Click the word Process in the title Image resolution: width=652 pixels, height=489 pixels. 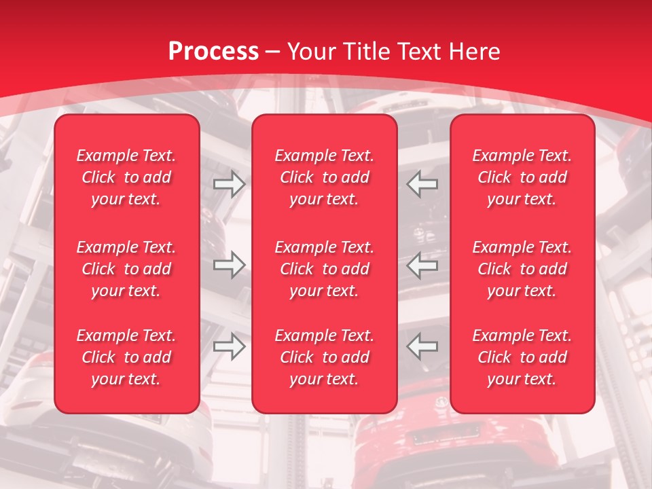click(213, 52)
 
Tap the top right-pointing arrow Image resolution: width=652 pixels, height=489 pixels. click(229, 183)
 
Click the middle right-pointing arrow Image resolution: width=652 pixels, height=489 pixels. click(229, 264)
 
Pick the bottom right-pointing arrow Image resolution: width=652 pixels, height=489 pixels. click(229, 346)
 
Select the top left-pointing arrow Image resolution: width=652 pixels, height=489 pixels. click(422, 183)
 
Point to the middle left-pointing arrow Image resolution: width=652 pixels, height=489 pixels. click(422, 264)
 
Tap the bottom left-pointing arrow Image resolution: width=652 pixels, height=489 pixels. click(422, 346)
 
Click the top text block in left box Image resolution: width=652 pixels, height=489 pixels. click(126, 177)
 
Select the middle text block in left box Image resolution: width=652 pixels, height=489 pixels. click(126, 269)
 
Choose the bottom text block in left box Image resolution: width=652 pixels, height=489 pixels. click(126, 357)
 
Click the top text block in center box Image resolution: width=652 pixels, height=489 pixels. click(324, 177)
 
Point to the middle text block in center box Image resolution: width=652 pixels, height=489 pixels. click(324, 269)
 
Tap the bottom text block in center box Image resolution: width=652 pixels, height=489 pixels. click(324, 357)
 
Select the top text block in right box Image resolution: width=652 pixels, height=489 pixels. click(522, 177)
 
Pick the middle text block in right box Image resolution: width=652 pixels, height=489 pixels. click(522, 269)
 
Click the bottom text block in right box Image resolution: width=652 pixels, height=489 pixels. click(522, 357)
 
